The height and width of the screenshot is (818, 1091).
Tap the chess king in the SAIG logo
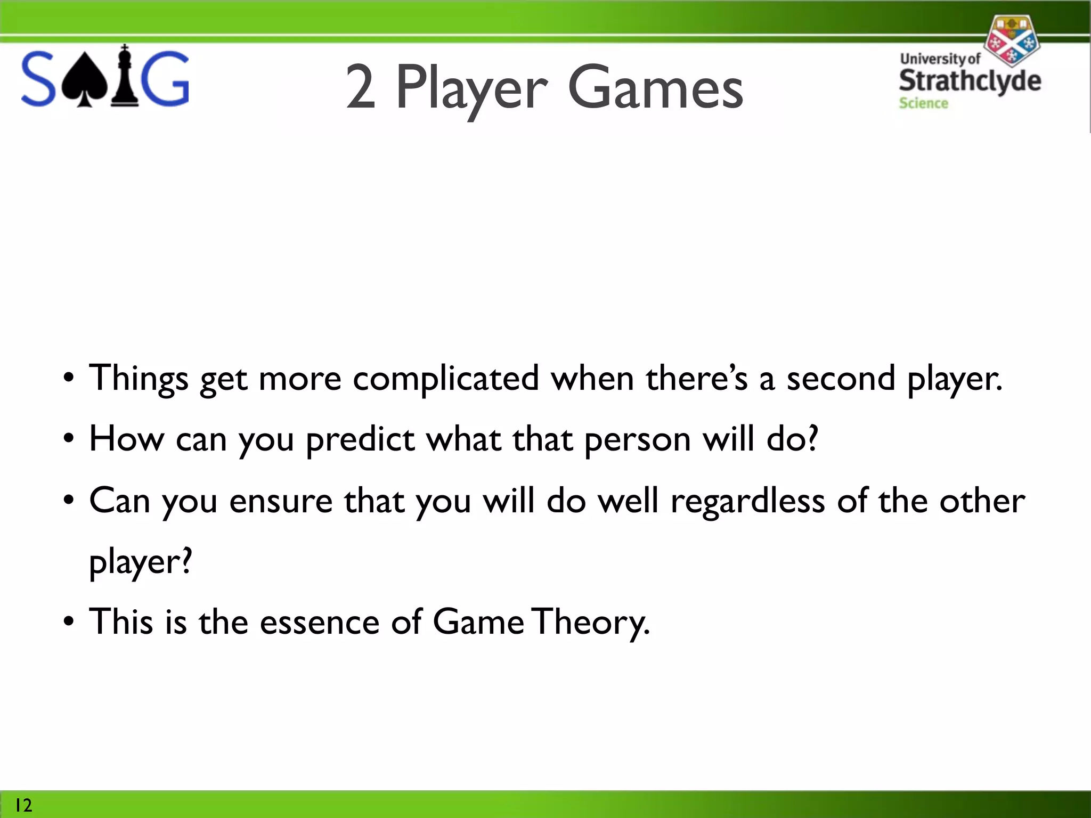(125, 77)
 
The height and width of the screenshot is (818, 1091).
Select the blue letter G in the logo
(166, 79)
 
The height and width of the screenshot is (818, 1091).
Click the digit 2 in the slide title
(361, 87)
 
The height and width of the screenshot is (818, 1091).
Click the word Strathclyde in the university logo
(970, 81)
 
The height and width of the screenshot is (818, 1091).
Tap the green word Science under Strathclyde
(923, 103)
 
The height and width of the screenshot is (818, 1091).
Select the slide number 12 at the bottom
(23, 805)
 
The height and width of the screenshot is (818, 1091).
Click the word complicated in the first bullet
(445, 379)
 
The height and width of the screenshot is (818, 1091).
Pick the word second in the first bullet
(841, 379)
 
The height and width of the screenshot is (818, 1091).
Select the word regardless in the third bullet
(747, 502)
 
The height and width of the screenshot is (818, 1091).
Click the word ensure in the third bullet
(281, 502)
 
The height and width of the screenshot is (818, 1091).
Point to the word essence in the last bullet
(319, 623)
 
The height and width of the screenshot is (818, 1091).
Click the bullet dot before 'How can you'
(68, 440)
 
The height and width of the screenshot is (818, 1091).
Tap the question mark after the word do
(812, 438)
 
